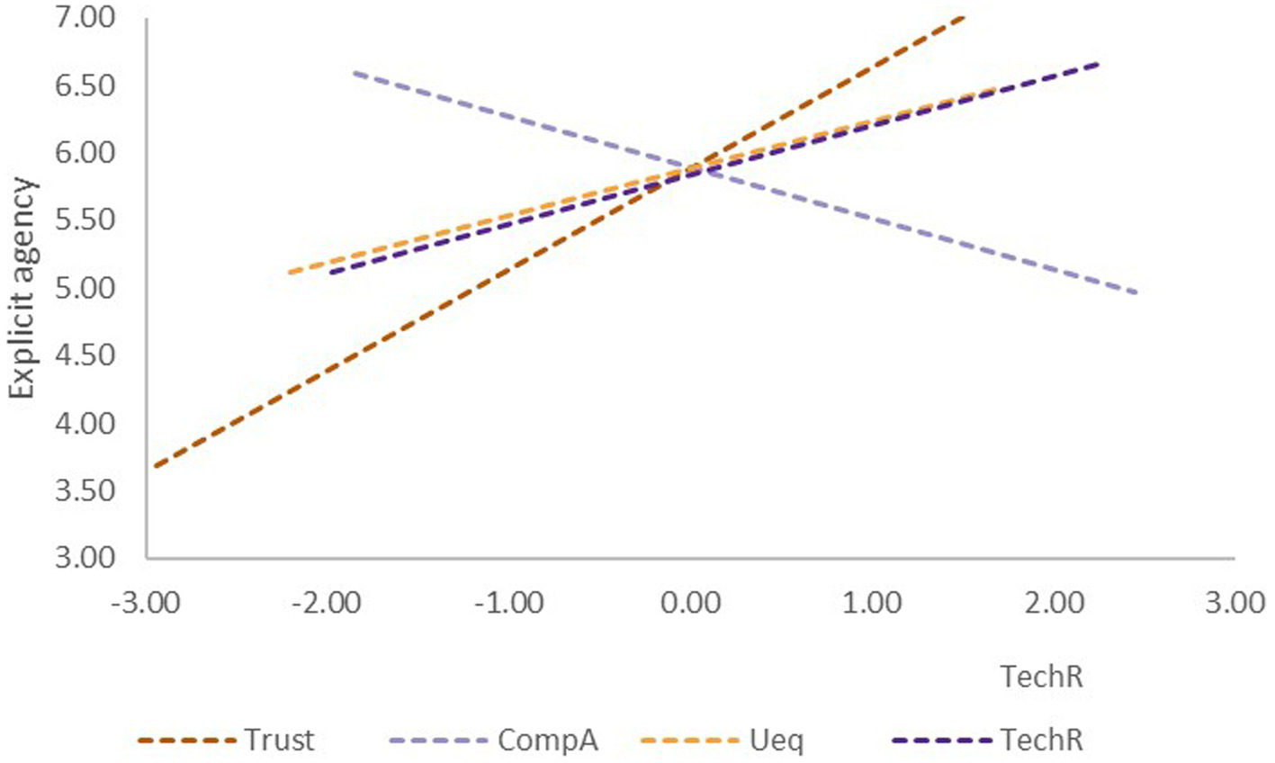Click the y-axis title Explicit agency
(x=24, y=288)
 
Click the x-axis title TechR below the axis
(x=1042, y=677)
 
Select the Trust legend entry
(x=279, y=741)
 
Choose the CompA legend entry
(x=547, y=741)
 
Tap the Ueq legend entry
(x=776, y=741)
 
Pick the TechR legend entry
(x=1042, y=741)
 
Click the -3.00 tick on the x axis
(x=147, y=601)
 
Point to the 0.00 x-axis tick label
(x=691, y=601)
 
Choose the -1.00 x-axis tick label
(x=508, y=601)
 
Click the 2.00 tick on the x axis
(x=1054, y=601)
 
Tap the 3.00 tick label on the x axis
(x=1235, y=601)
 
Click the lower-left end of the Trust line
(x=156, y=466)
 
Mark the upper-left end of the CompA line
(x=355, y=72)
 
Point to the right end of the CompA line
(x=1136, y=292)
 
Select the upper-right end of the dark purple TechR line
(x=1098, y=64)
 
